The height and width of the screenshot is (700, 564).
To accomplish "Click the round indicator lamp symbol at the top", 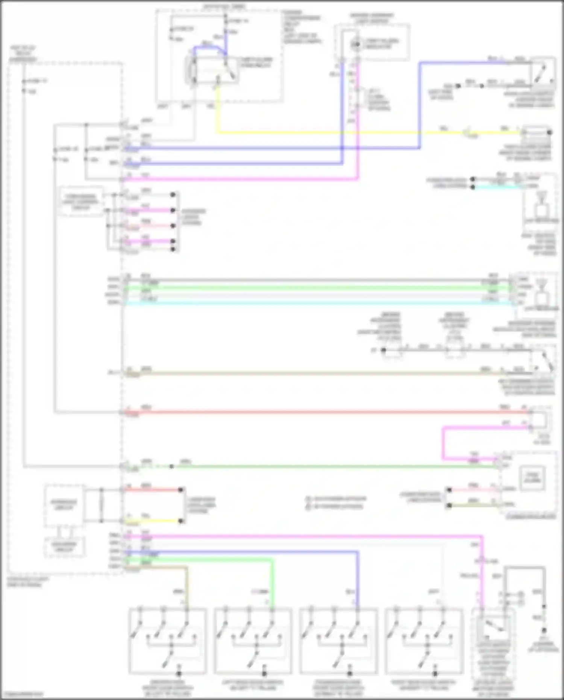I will pos(355,45).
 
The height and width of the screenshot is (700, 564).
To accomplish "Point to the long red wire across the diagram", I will pos(320,412).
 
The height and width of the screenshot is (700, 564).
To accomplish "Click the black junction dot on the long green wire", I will pos(171,466).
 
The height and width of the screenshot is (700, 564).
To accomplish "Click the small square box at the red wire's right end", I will pos(539,420).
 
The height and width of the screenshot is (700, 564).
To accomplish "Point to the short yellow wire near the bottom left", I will pos(152,521).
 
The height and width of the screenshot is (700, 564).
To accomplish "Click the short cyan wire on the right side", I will pos(496,187).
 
